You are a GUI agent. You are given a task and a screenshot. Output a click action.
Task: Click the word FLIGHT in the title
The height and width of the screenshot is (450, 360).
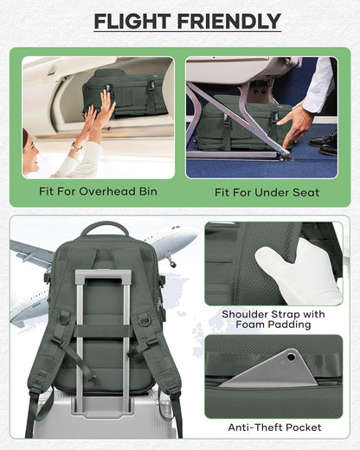[x=132, y=22]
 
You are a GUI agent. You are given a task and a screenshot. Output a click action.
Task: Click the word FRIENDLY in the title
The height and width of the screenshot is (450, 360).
[x=229, y=22]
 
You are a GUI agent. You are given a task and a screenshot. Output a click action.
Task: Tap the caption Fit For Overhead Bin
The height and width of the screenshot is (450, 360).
[x=98, y=191]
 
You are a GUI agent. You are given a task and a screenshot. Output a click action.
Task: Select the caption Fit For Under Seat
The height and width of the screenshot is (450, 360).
[x=267, y=192]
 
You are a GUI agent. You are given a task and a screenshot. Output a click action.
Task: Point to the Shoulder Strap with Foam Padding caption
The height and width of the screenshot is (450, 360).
[x=273, y=319]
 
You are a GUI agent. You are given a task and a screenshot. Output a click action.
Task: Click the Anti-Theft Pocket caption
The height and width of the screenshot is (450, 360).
[x=274, y=427]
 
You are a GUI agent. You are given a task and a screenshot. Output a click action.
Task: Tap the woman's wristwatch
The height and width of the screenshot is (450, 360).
[x=76, y=147]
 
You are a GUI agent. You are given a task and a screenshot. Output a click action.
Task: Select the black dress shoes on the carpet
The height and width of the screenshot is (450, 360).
[x=325, y=145]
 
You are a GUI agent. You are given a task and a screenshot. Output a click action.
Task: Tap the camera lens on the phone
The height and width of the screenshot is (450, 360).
[x=292, y=357]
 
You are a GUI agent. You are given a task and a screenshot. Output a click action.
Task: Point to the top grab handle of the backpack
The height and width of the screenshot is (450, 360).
[x=105, y=228]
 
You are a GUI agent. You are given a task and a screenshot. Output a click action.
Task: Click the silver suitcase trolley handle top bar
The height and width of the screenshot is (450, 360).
[x=103, y=274]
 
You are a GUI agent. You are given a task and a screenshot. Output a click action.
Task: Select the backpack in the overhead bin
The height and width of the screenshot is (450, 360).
[x=125, y=93]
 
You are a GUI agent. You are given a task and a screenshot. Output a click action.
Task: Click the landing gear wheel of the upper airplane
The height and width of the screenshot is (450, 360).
[x=172, y=263]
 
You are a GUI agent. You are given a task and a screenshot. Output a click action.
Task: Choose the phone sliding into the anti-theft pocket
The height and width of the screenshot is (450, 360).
[x=270, y=370]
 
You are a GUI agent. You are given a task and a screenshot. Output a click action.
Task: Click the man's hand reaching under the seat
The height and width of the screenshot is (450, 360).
[x=292, y=123]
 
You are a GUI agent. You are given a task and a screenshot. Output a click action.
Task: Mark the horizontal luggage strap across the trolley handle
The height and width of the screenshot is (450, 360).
[x=103, y=331]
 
